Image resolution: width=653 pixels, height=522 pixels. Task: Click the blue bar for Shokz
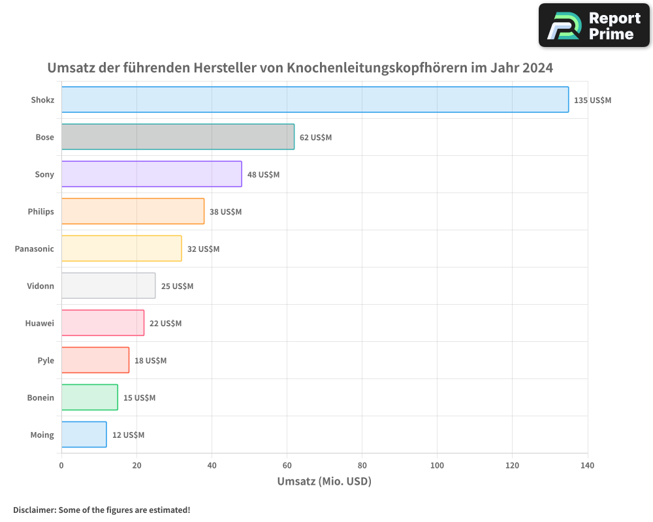click(315, 100)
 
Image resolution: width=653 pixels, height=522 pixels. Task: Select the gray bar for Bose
click(178, 137)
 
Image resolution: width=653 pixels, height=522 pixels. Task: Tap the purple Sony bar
click(151, 174)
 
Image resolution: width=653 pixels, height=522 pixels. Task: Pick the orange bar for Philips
click(133, 211)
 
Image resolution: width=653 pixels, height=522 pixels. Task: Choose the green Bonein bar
click(89, 397)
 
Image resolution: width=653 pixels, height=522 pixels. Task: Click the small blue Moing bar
click(84, 435)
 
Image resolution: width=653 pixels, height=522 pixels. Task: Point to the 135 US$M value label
click(592, 100)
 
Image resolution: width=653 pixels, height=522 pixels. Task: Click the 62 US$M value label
click(315, 138)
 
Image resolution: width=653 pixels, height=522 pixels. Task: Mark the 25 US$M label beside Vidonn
click(177, 286)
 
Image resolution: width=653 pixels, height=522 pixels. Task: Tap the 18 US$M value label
click(150, 361)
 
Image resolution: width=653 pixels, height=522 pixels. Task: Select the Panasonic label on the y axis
click(34, 249)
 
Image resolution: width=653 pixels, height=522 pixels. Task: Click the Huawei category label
click(39, 323)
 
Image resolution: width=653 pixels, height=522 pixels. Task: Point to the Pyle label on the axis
click(46, 360)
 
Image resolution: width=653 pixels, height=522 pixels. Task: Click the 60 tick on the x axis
click(287, 465)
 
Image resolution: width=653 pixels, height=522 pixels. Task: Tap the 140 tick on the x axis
click(587, 465)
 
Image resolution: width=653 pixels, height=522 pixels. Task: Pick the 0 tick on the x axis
click(61, 465)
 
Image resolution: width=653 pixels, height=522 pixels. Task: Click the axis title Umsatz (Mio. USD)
click(324, 482)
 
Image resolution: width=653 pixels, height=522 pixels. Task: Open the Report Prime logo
click(594, 25)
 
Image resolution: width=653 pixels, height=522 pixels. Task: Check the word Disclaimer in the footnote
click(34, 510)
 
